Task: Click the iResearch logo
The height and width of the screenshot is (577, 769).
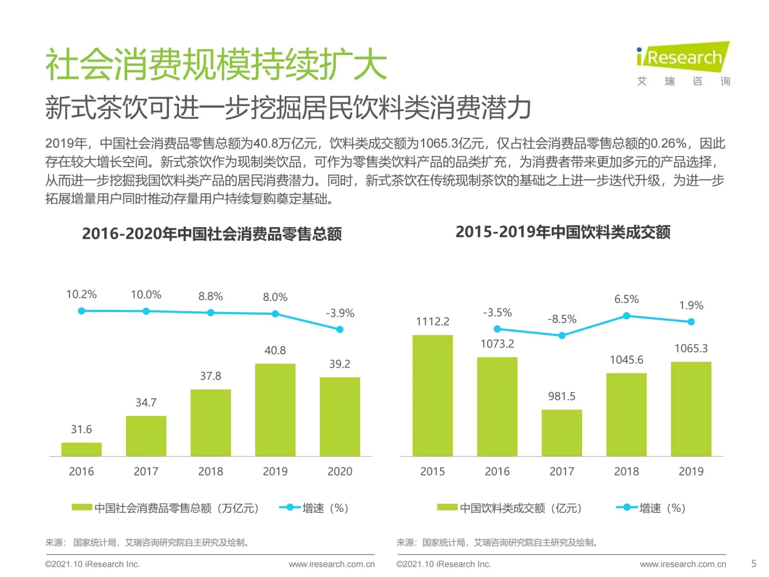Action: [682, 63]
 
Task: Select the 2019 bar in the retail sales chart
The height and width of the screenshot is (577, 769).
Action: [275, 409]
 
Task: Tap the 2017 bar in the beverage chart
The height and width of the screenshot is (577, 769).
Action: [562, 433]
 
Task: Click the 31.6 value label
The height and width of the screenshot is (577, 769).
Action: [81, 430]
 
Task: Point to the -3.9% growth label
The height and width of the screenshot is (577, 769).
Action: [340, 313]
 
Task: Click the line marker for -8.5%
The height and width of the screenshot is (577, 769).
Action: [562, 336]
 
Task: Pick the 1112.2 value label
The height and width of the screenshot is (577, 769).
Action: [433, 322]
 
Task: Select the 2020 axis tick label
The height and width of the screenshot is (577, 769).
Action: [340, 471]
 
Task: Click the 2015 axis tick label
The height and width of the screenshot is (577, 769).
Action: [433, 471]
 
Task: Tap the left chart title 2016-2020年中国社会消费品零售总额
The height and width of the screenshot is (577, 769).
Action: [211, 234]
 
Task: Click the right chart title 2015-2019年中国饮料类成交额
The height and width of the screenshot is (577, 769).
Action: [563, 232]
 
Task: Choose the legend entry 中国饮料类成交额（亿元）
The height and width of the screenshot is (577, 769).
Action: [509, 508]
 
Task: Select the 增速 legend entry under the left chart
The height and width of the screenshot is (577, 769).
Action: [314, 508]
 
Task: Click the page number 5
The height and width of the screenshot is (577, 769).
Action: [754, 564]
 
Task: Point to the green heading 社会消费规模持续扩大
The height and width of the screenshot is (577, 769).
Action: [216, 65]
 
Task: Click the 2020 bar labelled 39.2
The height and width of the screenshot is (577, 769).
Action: [340, 417]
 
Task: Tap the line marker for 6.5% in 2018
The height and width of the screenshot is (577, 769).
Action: [626, 316]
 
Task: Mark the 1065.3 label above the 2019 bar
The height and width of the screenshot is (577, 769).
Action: [691, 348]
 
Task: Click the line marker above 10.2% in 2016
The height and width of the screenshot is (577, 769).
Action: [81, 311]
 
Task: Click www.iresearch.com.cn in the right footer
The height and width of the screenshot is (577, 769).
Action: [682, 564]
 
